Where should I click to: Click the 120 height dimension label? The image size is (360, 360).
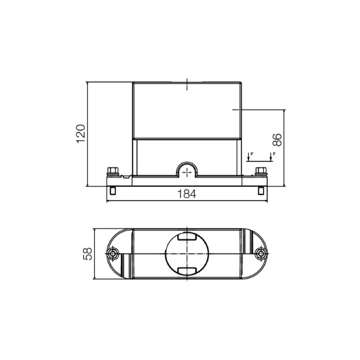(x=81, y=134)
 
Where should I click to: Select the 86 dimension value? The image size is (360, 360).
(x=277, y=140)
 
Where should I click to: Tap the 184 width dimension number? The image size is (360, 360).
(x=187, y=194)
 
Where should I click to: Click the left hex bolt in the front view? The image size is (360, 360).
(x=112, y=171)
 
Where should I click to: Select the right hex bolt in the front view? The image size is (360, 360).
(x=261, y=171)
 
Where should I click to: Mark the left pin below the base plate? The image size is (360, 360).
(x=112, y=190)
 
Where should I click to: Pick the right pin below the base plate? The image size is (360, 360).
(x=261, y=190)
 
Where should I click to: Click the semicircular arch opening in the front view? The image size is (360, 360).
(x=187, y=170)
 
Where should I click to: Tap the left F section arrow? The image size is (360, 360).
(x=248, y=157)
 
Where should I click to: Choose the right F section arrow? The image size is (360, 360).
(x=271, y=157)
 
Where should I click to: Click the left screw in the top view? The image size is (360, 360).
(x=113, y=254)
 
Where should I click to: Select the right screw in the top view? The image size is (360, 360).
(x=260, y=254)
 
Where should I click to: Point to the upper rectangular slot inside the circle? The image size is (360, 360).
(x=187, y=237)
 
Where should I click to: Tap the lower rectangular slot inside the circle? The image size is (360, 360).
(x=187, y=270)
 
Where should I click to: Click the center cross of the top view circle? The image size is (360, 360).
(x=187, y=254)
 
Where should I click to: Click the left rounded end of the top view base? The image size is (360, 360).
(x=118, y=254)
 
